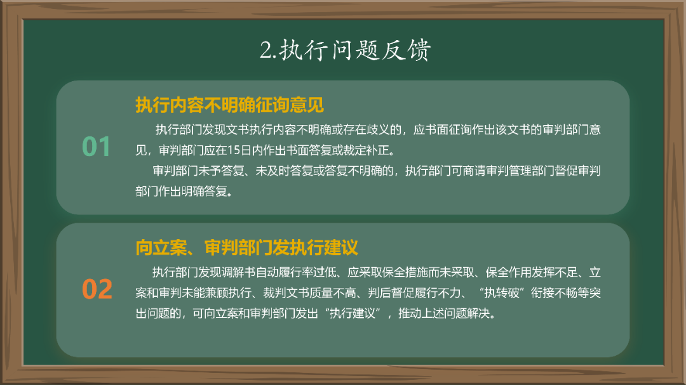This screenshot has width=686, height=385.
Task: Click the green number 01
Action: tap(97, 147)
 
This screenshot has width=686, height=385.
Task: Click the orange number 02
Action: tap(97, 289)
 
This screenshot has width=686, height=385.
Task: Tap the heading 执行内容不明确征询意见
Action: tap(230, 104)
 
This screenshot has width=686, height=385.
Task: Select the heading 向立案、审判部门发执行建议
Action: tap(247, 247)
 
